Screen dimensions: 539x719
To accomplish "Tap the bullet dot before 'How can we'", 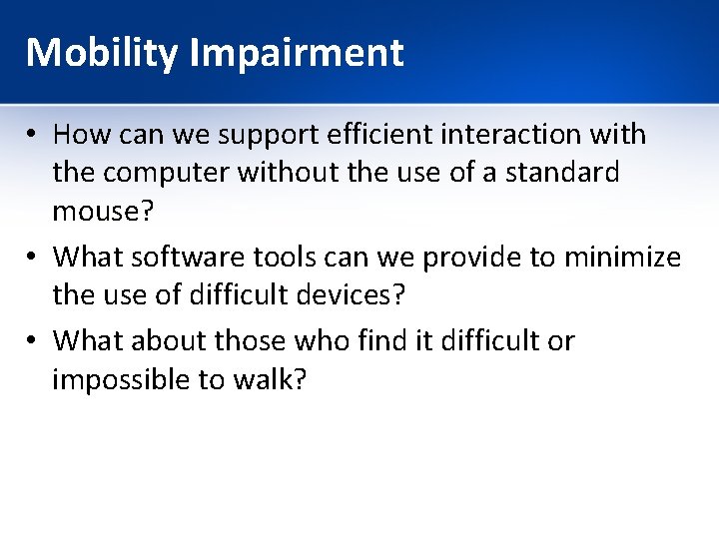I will pos(34,135).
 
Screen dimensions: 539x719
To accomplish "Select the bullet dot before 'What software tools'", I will pos(34,259).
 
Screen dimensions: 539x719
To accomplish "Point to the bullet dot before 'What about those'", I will pos(34,341).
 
